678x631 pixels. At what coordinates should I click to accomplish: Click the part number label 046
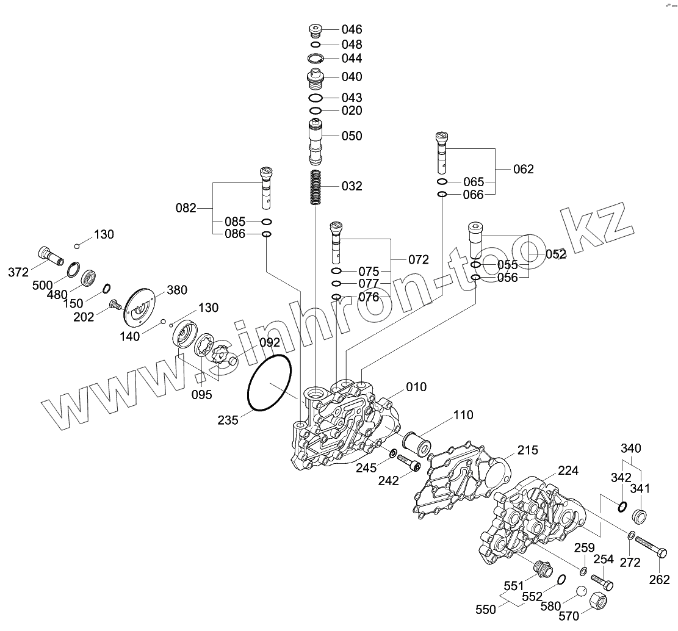click(x=352, y=29)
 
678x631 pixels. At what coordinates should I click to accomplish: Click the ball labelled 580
click(x=581, y=592)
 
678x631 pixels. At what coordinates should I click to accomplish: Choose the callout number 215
click(x=528, y=450)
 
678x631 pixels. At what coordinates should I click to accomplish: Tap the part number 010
click(x=417, y=387)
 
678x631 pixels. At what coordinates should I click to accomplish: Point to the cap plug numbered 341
click(x=640, y=516)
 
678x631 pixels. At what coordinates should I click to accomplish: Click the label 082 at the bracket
click(x=186, y=208)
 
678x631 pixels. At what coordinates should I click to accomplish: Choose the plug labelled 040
click(x=315, y=79)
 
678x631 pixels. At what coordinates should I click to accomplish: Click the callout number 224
click(x=568, y=471)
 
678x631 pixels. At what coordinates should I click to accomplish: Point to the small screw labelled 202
click(x=113, y=305)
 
